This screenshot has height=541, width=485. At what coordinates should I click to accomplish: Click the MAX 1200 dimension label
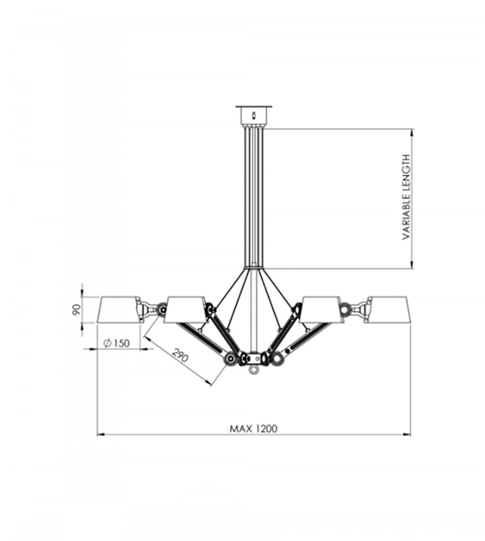click(x=253, y=429)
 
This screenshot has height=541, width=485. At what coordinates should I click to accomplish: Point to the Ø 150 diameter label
click(x=117, y=343)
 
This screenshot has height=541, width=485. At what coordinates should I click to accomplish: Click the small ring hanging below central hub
click(x=253, y=369)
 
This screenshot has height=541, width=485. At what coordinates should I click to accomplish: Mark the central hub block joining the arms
click(x=253, y=358)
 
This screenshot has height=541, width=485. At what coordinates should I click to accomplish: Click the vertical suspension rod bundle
click(x=253, y=197)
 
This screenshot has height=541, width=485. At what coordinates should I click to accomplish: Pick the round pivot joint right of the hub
click(x=277, y=358)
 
